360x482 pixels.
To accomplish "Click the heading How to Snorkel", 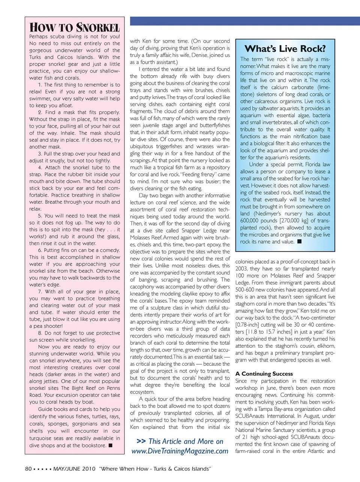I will pyautogui.click(x=75, y=27).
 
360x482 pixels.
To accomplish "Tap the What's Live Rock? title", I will pyautogui.click(x=285, y=49).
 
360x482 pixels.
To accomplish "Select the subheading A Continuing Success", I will pyautogui.click(x=264, y=374).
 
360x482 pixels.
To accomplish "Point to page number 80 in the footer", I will pyautogui.click(x=28, y=469).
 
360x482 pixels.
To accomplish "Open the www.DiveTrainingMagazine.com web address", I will pyautogui.click(x=180, y=451).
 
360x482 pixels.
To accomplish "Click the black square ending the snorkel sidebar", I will pyautogui.click(x=111, y=445).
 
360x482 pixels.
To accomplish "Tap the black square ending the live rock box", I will pyautogui.click(x=299, y=242).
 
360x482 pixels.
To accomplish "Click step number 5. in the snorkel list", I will pyautogui.click(x=40, y=216).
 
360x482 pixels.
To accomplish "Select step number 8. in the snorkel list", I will pyautogui.click(x=40, y=333).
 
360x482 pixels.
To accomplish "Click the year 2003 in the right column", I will pyautogui.click(x=242, y=269).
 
